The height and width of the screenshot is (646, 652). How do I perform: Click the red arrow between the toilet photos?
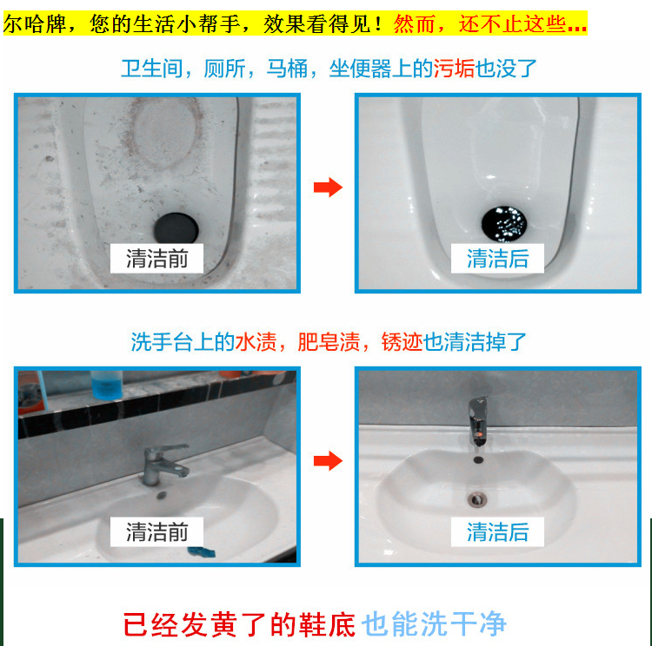tap(328, 187)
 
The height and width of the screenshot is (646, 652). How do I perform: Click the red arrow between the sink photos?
tap(328, 460)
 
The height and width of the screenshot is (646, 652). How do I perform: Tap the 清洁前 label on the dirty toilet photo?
tap(156, 259)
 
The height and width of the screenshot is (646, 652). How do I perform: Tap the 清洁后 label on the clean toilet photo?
tap(497, 259)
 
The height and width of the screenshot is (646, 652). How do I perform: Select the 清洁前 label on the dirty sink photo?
tap(156, 531)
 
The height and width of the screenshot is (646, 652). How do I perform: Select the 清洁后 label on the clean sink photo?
tap(497, 531)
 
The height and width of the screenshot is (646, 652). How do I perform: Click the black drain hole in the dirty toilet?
tap(176, 228)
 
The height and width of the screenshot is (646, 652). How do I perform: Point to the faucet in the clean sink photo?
tap(477, 422)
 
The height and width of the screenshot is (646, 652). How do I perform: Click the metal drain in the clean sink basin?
tap(476, 499)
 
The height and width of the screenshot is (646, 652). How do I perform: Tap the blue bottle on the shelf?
tap(106, 386)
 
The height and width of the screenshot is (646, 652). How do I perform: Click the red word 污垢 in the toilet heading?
tap(454, 69)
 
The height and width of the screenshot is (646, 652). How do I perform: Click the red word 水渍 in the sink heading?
tap(256, 342)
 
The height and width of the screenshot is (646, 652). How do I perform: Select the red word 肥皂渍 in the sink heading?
tap(329, 342)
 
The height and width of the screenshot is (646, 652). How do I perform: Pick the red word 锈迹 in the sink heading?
tap(402, 342)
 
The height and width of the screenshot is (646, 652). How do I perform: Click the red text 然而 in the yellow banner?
tap(414, 24)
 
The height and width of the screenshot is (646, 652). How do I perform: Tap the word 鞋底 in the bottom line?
tap(327, 624)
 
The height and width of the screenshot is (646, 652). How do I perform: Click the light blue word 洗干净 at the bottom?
tap(463, 624)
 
